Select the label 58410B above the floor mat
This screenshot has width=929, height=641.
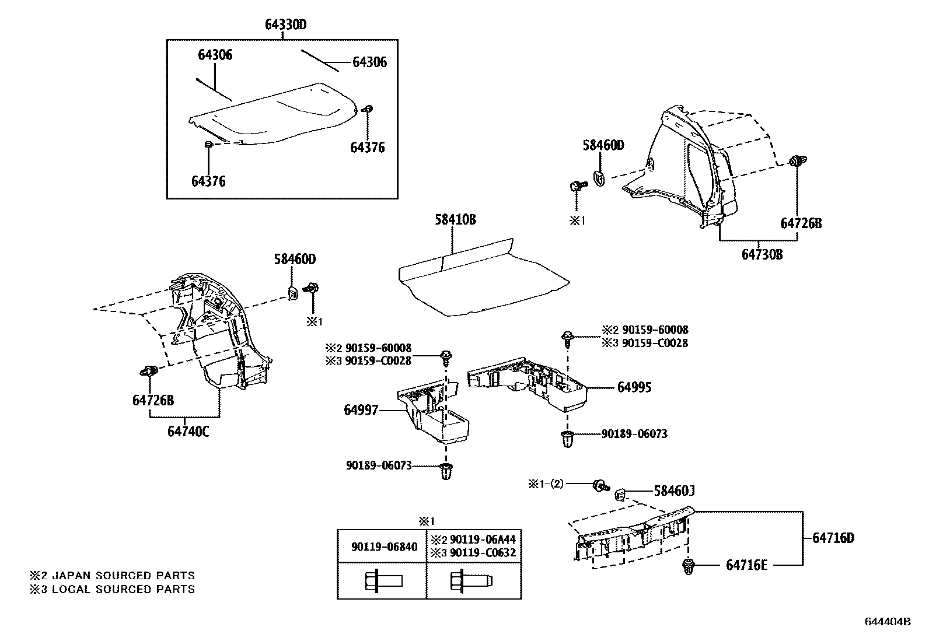(455, 220)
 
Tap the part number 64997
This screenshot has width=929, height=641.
(361, 411)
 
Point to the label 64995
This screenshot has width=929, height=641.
(634, 387)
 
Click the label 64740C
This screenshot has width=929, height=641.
(188, 432)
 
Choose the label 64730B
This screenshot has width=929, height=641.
(762, 255)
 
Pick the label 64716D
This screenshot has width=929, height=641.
(833, 538)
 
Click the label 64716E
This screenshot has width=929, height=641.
(746, 565)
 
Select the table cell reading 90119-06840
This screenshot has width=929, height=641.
(384, 547)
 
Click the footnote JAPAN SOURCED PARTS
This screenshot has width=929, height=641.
(123, 576)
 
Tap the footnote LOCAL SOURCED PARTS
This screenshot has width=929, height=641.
(123, 589)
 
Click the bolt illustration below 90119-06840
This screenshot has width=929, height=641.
(383, 581)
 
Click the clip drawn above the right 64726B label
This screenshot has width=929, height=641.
(795, 162)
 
